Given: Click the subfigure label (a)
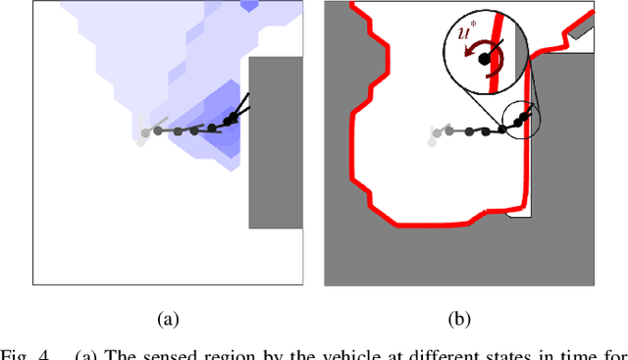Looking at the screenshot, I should coord(169,319).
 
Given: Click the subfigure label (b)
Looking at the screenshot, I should coord(459,319).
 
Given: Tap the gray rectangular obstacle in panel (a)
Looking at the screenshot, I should coord(276,142).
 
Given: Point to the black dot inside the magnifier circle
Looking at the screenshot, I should coord(485,59).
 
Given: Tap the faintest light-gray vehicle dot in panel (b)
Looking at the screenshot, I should coord(431,143).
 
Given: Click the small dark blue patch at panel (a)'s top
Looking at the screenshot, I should coord(251,6).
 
